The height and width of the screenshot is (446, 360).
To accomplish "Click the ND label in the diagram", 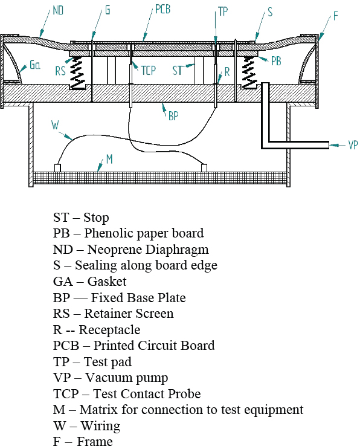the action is [x=58, y=10].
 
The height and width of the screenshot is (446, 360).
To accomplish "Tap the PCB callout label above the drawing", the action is [x=162, y=9].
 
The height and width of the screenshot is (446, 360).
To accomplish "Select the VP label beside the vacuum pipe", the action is [x=353, y=145].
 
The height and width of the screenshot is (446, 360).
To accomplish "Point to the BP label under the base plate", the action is [x=173, y=116].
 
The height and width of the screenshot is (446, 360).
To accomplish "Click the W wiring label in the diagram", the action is [x=55, y=125].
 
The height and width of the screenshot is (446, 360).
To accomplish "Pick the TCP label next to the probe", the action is [x=149, y=70].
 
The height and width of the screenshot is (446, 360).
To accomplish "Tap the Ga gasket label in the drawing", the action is [x=34, y=65].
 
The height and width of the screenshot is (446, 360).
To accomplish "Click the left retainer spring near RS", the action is [x=78, y=73].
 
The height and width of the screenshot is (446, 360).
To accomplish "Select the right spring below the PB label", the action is [x=249, y=73].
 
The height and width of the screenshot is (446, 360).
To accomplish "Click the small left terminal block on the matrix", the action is [x=57, y=168].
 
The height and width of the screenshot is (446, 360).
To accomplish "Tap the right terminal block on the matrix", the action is [x=204, y=168].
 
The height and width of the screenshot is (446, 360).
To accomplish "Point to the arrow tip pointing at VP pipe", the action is [x=330, y=145].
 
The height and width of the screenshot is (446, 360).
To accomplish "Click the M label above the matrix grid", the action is [x=109, y=159].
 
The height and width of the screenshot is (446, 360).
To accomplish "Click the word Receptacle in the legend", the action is [x=109, y=330].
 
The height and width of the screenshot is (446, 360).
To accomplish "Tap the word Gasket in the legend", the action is [x=107, y=282].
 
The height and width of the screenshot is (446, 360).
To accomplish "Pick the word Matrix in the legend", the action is [x=99, y=410].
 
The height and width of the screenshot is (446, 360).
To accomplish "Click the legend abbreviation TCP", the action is [x=66, y=394].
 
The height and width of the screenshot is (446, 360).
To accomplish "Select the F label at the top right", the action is [x=336, y=16].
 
